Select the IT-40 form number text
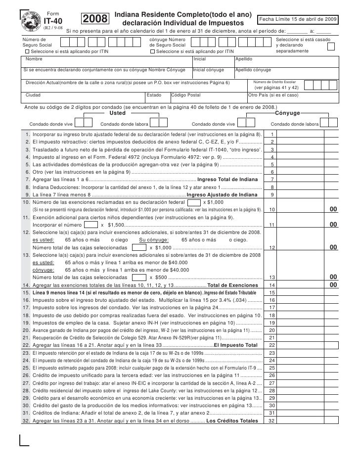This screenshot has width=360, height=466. (53, 21)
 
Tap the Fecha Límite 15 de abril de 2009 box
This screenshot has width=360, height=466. (298, 19)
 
